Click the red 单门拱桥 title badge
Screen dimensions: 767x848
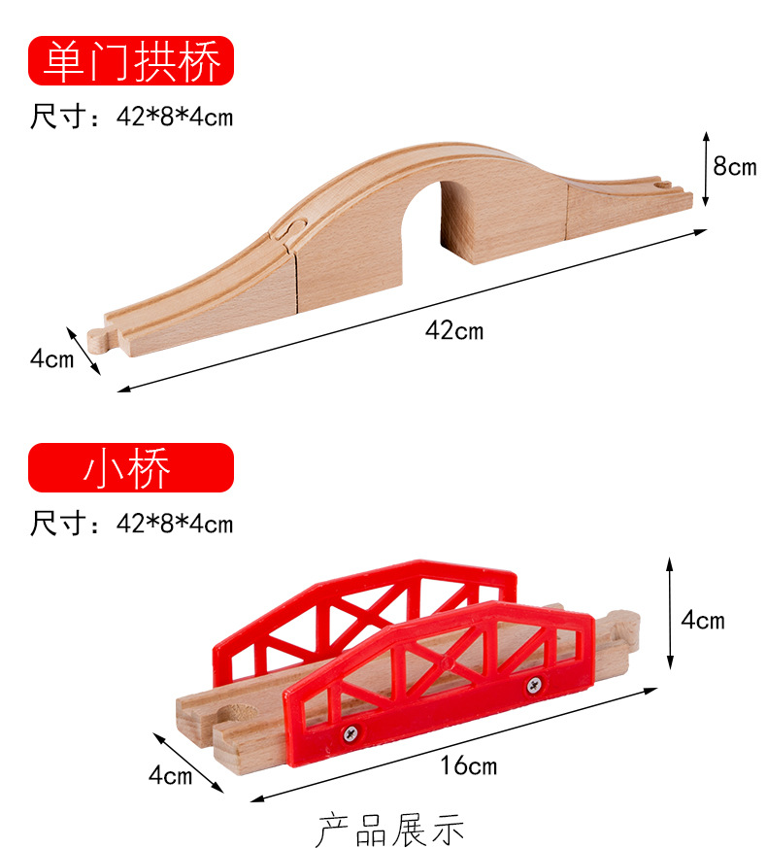(131, 60)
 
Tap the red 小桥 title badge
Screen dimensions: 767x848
(131, 467)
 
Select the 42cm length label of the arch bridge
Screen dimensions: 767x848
(454, 330)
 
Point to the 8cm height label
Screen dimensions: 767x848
(735, 166)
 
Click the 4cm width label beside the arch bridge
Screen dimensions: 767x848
(51, 358)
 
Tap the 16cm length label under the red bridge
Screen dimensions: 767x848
(468, 765)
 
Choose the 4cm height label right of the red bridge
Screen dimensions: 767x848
(703, 620)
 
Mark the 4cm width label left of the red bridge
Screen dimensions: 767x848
(170, 775)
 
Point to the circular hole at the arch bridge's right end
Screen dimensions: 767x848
(660, 186)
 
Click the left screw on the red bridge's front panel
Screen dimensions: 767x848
(350, 733)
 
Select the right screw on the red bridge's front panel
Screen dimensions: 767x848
(534, 685)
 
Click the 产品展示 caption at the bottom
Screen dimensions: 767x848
(390, 831)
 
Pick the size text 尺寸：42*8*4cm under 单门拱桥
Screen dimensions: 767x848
(131, 117)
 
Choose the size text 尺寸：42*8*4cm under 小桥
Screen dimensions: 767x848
(131, 523)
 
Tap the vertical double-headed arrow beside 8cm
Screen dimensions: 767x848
(706, 169)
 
